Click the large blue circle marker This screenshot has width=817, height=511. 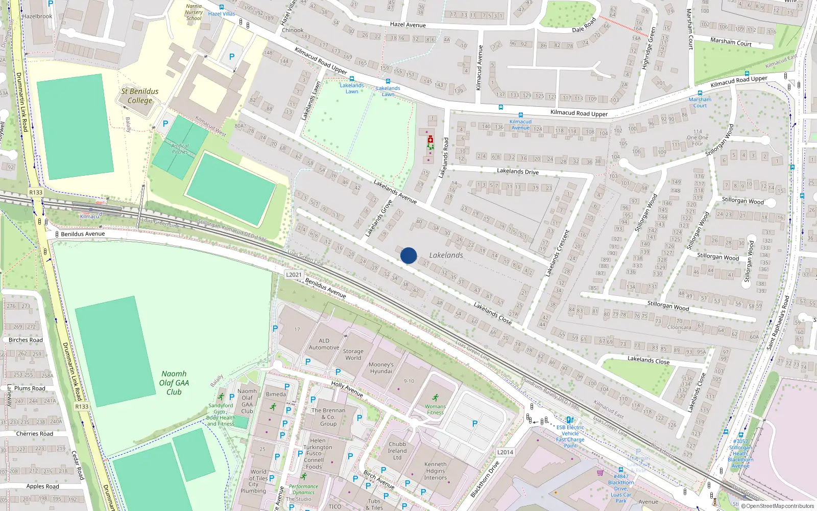408,255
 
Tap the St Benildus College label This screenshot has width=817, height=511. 139,96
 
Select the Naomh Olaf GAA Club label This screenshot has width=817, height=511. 174,383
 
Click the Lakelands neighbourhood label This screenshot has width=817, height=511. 446,255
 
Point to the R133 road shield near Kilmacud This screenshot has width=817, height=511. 36,193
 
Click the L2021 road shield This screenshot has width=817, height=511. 294,274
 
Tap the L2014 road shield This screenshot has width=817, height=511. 505,452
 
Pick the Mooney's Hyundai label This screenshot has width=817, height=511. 381,368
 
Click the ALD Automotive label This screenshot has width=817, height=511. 324,344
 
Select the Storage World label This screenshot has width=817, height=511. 353,355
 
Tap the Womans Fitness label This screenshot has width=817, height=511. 435,409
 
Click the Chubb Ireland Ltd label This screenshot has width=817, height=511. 397,451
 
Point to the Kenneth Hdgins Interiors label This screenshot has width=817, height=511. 435,471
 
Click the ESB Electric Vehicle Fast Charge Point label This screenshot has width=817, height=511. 570,436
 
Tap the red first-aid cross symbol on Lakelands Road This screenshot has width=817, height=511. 430,139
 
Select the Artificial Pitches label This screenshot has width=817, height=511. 180,149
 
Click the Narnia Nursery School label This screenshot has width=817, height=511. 194,12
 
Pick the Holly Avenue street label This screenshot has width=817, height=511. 347,389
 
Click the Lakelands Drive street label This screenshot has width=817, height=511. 517,172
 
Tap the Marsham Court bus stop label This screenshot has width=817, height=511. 700,102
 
